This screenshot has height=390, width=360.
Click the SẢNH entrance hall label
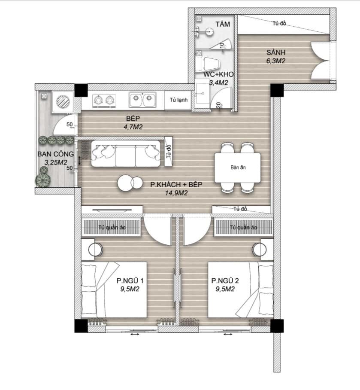[x=276, y=52]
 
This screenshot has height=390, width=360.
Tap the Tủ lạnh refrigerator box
[x=178, y=100]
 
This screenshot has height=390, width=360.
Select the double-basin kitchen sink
[x=142, y=100]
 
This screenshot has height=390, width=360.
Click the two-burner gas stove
[x=104, y=101]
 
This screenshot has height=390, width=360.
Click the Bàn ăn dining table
[x=238, y=168]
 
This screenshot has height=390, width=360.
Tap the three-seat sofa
[x=126, y=154]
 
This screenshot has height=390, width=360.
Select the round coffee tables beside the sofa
[x=130, y=183]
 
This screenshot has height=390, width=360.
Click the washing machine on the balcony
[x=63, y=101]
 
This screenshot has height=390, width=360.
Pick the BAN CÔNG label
[x=56, y=154]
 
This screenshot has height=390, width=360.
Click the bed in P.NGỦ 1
[x=114, y=289]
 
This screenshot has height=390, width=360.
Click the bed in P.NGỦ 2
[x=240, y=289]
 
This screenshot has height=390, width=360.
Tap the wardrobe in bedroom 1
[x=111, y=227]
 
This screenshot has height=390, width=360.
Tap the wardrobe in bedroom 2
[x=243, y=227]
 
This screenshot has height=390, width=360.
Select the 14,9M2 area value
[x=176, y=193]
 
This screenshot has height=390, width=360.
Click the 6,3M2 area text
[x=276, y=61]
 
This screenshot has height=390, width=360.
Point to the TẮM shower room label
[x=223, y=24]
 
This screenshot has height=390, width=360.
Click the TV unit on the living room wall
[x=112, y=210]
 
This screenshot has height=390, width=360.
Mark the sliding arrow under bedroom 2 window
[x=228, y=334]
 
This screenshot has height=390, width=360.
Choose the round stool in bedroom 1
[x=95, y=250]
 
